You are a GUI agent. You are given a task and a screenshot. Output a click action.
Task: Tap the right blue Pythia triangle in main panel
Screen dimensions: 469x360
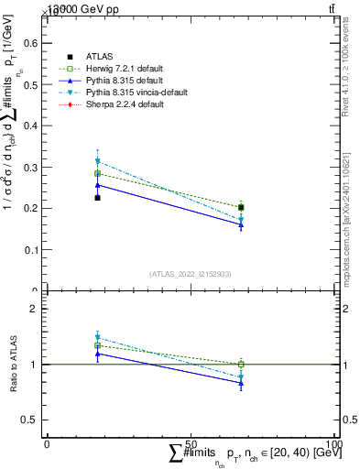coord(241,225)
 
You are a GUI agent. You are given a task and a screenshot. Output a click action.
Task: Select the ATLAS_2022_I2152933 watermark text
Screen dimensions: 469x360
coord(190,274)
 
